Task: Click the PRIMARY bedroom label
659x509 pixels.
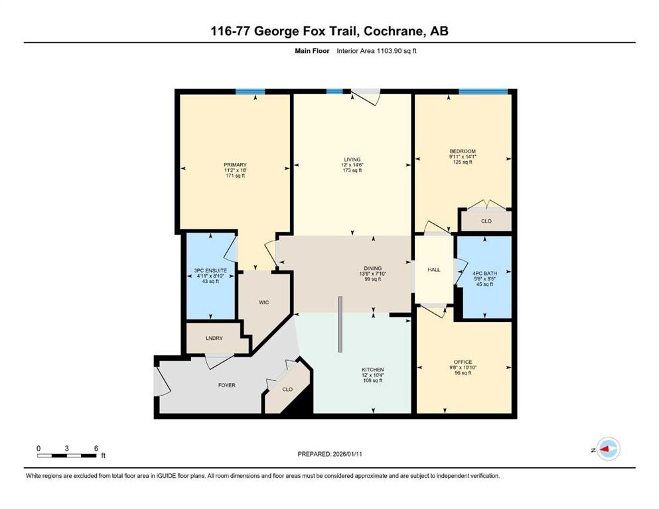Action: point(235,165)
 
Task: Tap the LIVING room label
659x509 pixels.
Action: point(352,160)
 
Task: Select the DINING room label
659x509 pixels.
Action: point(372,268)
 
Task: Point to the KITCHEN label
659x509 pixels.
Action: point(372,369)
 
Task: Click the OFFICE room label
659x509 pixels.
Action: point(463,362)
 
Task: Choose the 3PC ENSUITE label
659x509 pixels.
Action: point(210,270)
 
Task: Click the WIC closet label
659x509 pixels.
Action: point(264,302)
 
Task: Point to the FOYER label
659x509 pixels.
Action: point(226,385)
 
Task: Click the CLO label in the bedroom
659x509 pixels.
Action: point(486,221)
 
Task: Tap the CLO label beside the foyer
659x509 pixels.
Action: point(286,390)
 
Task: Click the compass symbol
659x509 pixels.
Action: point(607,449)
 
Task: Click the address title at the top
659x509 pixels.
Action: point(329,31)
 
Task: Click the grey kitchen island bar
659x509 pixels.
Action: point(339,325)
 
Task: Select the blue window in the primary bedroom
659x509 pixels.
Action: point(250,91)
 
